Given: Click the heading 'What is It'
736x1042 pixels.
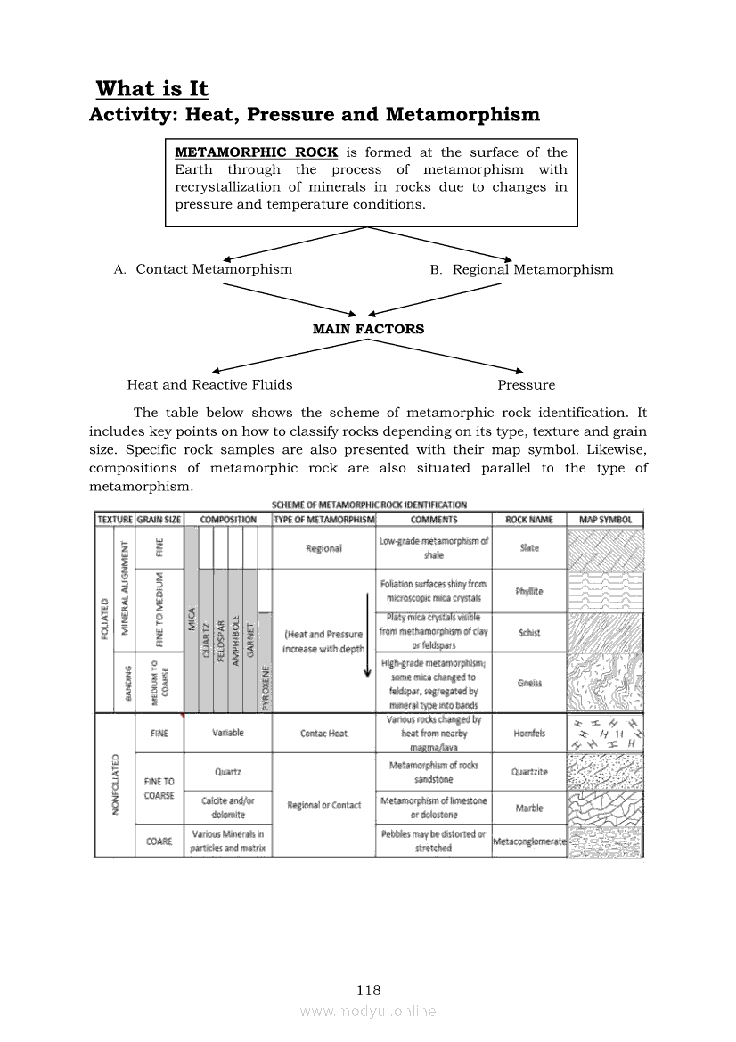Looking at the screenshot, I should click(x=151, y=88).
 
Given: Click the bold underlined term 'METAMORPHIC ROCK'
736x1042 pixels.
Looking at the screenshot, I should click(x=257, y=152).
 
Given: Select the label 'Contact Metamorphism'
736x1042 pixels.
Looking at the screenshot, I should click(x=214, y=269).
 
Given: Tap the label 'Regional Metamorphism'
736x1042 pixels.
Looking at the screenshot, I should click(x=533, y=269).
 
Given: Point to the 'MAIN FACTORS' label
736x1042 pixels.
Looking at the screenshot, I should click(x=368, y=329).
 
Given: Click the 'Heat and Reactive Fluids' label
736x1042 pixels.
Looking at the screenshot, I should click(x=209, y=385).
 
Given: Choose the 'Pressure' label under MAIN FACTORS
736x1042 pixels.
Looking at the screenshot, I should click(x=526, y=385).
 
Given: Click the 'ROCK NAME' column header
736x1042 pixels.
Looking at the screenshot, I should click(x=529, y=520).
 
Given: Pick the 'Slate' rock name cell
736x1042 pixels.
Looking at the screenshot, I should click(x=529, y=548).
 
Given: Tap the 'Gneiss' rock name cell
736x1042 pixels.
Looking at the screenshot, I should click(x=529, y=684).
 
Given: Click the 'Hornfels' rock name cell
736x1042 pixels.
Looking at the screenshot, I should click(x=529, y=734).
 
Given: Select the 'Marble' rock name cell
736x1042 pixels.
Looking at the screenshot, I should click(x=529, y=808).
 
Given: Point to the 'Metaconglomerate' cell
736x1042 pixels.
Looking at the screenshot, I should click(x=530, y=841).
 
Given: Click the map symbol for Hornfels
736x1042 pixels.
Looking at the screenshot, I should click(x=606, y=734).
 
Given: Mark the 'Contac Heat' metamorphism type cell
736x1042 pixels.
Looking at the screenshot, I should click(x=323, y=734).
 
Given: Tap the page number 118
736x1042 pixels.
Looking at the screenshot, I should click(x=368, y=989).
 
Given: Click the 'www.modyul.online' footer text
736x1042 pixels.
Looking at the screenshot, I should click(x=368, y=1011).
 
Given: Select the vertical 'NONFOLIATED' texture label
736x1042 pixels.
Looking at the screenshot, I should click(x=115, y=784).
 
